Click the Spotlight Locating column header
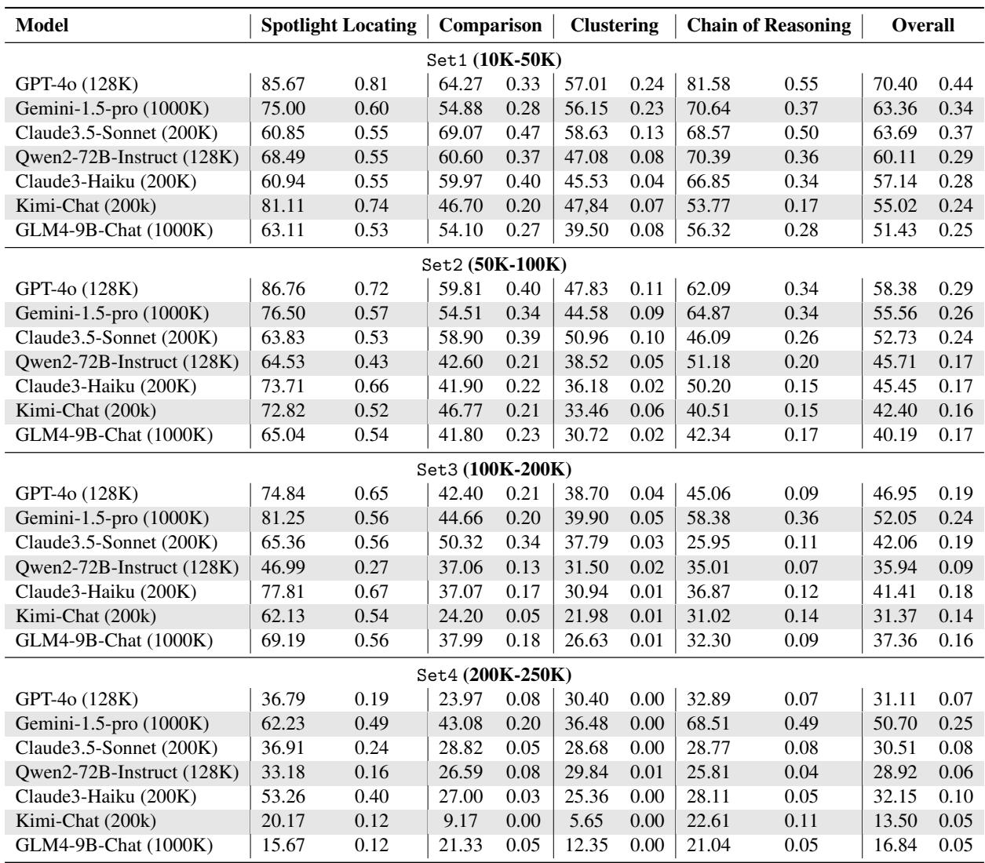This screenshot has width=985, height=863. (x=339, y=25)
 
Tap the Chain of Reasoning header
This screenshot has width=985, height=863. (x=768, y=25)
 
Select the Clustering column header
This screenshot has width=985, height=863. (x=615, y=25)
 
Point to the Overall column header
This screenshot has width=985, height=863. (x=923, y=25)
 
